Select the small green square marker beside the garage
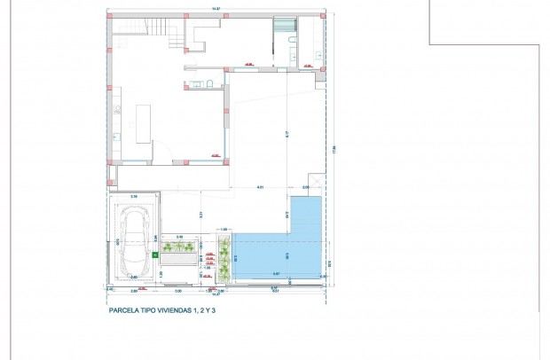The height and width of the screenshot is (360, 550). (154, 255)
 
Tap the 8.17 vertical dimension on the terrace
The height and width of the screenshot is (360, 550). (287, 134)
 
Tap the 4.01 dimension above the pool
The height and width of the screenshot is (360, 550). (260, 187)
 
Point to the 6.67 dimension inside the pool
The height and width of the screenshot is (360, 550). (276, 273)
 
